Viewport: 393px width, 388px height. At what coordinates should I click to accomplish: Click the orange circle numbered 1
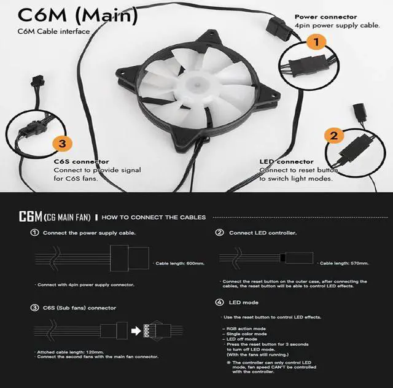coord(316,42)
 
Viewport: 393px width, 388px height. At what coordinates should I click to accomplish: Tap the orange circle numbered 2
coord(333,136)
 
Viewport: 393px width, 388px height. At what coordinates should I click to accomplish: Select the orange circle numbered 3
coord(62,144)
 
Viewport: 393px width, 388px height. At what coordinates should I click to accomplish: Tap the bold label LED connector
coord(287,161)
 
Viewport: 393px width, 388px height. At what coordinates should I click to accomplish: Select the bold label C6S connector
coord(82,161)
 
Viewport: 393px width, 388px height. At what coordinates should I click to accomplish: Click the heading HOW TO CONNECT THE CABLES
coord(154,217)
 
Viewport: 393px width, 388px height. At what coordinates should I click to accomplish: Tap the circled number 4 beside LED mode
coord(219,303)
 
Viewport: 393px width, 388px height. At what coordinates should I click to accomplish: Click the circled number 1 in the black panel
coord(35,233)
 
